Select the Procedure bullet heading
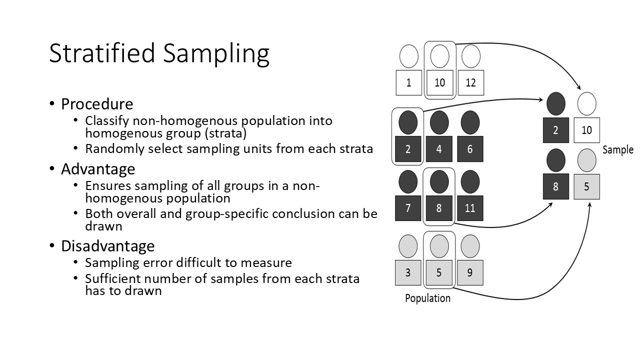pos(97,104)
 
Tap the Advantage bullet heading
pos(98,169)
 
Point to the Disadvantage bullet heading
pos(107,246)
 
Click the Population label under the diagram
pos(427,298)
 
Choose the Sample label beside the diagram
pos(618,149)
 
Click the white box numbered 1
pos(408,82)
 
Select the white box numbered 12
pos(470,82)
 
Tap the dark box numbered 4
pos(439,149)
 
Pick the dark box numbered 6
pos(470,149)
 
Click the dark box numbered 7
pos(408,207)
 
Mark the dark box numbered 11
pos(470,207)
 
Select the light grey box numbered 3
pos(408,272)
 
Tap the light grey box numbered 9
pos(470,272)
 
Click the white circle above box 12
pos(470,56)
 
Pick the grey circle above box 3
pos(408,246)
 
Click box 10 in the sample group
pos(586,130)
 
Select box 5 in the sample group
pos(586,186)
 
